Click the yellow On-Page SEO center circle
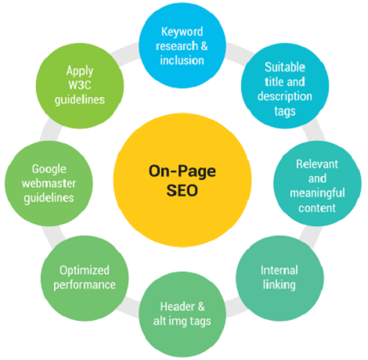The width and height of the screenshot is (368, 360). point(183,180)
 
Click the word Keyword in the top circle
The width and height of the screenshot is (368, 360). point(182,32)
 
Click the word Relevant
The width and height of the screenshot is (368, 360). point(316,165)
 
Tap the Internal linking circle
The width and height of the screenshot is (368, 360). point(279,275)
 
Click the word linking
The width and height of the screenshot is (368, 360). point(279,285)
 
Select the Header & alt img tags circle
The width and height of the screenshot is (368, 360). point(182,312)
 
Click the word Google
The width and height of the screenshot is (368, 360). point(49,168)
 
